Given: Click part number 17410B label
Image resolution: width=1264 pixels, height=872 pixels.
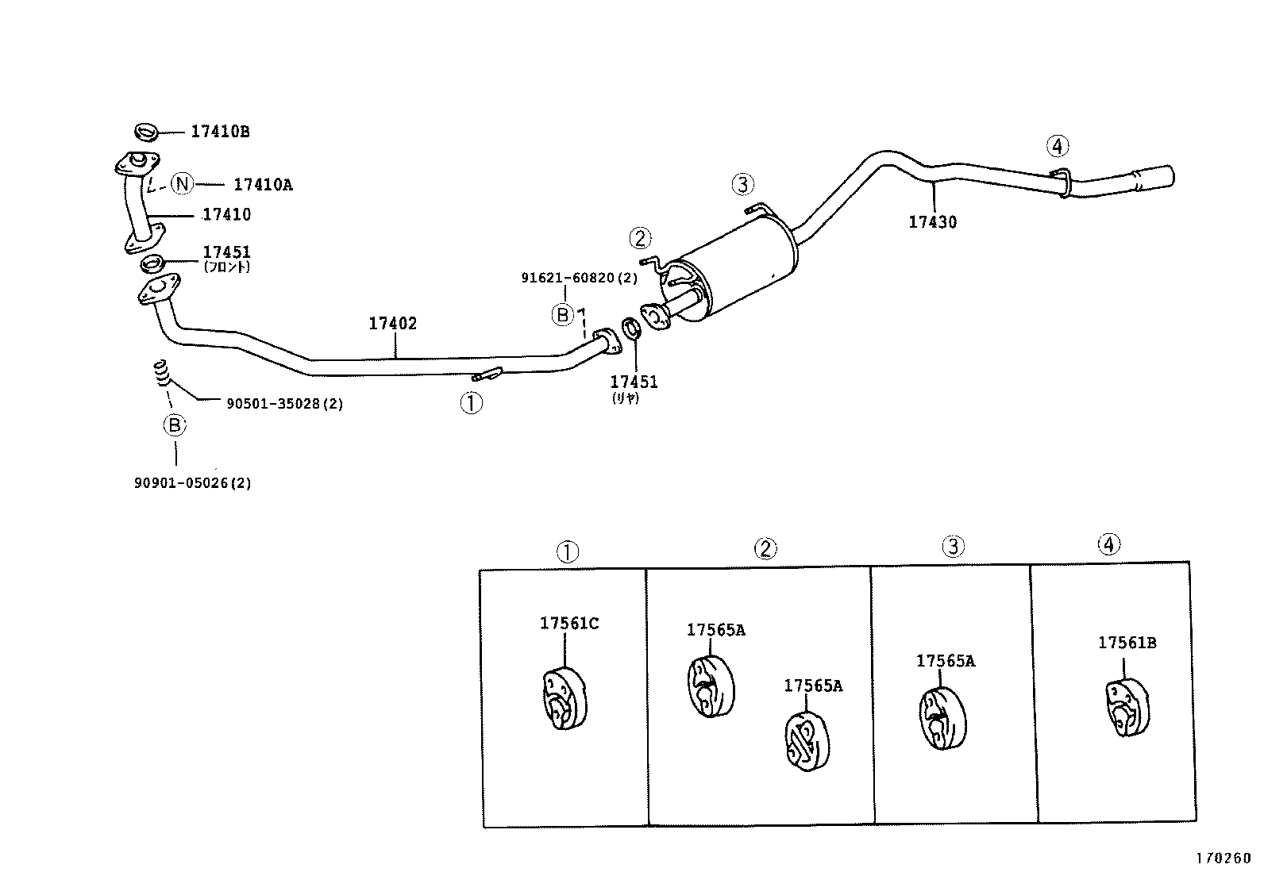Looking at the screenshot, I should point(220,132).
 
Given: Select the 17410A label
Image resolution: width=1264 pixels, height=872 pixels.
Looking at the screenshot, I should point(263,185).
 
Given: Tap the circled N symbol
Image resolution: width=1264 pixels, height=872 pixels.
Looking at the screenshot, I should point(183,185).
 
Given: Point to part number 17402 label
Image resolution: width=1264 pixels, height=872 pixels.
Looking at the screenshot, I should point(392,324).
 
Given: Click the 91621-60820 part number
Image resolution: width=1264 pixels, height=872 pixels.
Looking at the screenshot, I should point(579,278).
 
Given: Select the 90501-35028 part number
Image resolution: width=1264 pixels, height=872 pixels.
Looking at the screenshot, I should point(284,404).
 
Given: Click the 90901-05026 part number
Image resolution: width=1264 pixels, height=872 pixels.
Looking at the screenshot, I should point(192,482).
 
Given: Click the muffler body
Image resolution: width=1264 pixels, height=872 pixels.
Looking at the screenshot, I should point(738,270).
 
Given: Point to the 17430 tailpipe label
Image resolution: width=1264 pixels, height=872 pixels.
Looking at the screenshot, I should point(933,222).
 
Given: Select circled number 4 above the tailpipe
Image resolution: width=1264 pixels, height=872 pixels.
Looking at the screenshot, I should point(1058,146).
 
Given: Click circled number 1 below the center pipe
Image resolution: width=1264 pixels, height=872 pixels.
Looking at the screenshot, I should point(471,404).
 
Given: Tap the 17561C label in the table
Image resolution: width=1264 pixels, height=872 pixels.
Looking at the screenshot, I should point(569,624).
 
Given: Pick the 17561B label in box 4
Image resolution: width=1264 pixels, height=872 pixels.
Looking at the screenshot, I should point(1127,643).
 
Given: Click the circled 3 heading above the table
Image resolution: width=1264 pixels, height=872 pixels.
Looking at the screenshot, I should point(953,546).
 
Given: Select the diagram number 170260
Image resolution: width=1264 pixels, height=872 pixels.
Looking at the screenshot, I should point(1223,858).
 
